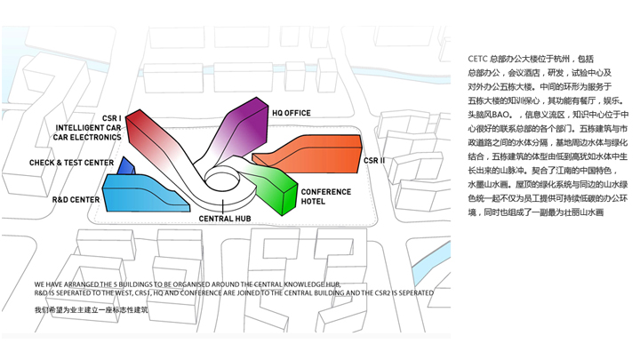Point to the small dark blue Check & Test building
[128, 167]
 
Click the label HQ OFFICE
[291, 113]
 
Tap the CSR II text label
[374, 161]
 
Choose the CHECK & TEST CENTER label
[71, 163]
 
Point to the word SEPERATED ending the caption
[414, 292]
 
